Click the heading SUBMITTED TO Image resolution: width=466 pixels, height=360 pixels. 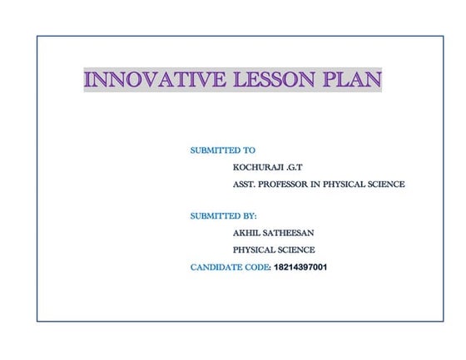pos(222,150)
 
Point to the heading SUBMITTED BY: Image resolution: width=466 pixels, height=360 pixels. pos(223,216)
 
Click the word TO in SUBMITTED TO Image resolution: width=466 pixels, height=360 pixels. pos(248,150)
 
